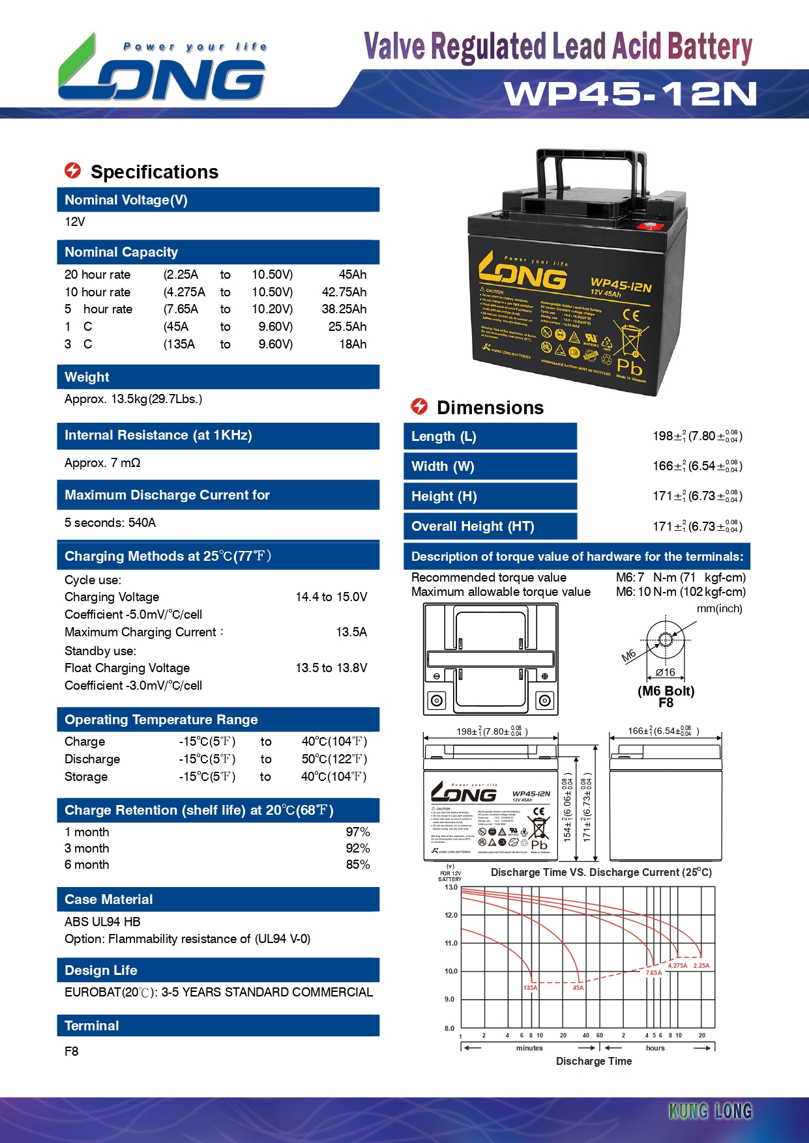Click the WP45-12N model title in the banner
(630, 94)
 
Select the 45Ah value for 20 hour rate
(352, 275)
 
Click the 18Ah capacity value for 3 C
(352, 345)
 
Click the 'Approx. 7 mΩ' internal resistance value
(102, 463)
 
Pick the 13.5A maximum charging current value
(351, 632)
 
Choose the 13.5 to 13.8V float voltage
(331, 668)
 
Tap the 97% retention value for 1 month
(358, 832)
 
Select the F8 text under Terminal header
(72, 1051)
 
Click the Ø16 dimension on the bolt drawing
(665, 673)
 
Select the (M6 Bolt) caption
(666, 691)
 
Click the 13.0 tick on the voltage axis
(451, 887)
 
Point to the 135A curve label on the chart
(531, 988)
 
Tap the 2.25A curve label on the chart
(701, 966)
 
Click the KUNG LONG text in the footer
(711, 1111)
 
